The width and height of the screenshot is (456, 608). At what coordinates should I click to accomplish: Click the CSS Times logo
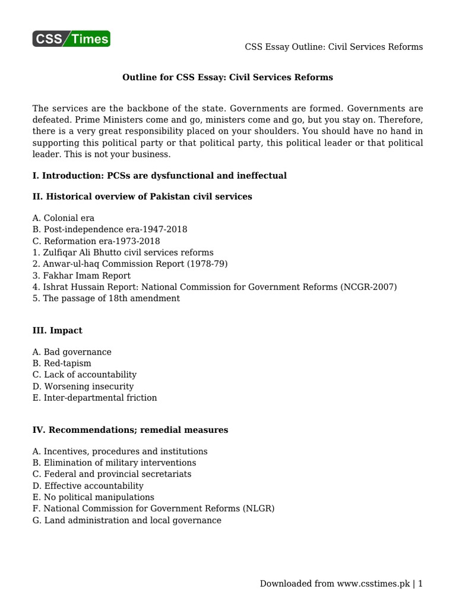(71, 39)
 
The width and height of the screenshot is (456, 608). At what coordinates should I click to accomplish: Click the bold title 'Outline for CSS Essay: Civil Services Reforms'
(227, 77)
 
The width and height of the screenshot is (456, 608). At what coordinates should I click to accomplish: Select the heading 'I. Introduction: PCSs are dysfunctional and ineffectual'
(160, 175)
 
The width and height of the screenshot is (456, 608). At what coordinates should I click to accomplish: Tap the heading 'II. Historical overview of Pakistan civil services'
(142, 197)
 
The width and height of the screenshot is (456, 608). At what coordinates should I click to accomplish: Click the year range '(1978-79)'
(207, 264)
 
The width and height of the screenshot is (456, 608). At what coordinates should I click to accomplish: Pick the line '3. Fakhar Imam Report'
(82, 275)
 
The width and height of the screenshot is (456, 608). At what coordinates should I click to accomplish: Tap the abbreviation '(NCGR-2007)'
(369, 287)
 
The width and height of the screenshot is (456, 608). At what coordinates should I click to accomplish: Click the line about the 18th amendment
(106, 299)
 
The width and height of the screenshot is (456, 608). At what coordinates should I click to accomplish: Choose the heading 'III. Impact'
(58, 330)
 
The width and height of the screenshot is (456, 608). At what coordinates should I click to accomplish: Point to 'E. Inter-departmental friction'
(95, 398)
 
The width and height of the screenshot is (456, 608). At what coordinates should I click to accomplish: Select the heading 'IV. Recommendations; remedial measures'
(130, 429)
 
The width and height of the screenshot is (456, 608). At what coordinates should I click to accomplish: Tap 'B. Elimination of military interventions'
(115, 463)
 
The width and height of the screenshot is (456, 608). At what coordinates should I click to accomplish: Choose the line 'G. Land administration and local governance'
(127, 520)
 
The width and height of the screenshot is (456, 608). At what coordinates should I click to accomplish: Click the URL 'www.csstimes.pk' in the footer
(374, 584)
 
